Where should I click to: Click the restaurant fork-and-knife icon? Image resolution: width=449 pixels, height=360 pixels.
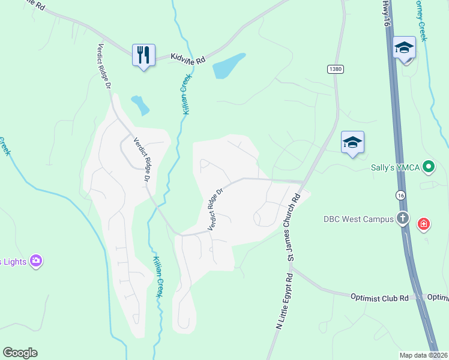tap(143, 55)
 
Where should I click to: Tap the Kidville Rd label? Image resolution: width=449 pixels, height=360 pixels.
tap(188, 59)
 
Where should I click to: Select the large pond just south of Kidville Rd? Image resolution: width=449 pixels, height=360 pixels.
tap(229, 67)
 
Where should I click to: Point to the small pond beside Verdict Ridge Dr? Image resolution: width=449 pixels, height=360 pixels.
tap(140, 105)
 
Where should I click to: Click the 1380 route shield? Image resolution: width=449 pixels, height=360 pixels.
tap(336, 70)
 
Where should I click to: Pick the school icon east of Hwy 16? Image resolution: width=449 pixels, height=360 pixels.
tap(405, 48)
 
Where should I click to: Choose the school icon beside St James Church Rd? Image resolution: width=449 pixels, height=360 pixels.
tap(352, 142)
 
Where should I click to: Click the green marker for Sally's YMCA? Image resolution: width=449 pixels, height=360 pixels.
tap(429, 166)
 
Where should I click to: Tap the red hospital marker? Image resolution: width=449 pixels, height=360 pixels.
tap(424, 224)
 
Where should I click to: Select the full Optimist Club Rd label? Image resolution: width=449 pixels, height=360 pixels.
tap(379, 297)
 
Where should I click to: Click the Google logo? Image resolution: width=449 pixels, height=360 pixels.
tap(20, 353)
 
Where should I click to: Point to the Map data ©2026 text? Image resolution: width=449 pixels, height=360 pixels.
tap(423, 355)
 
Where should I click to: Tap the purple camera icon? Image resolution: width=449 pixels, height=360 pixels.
tap(36, 260)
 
